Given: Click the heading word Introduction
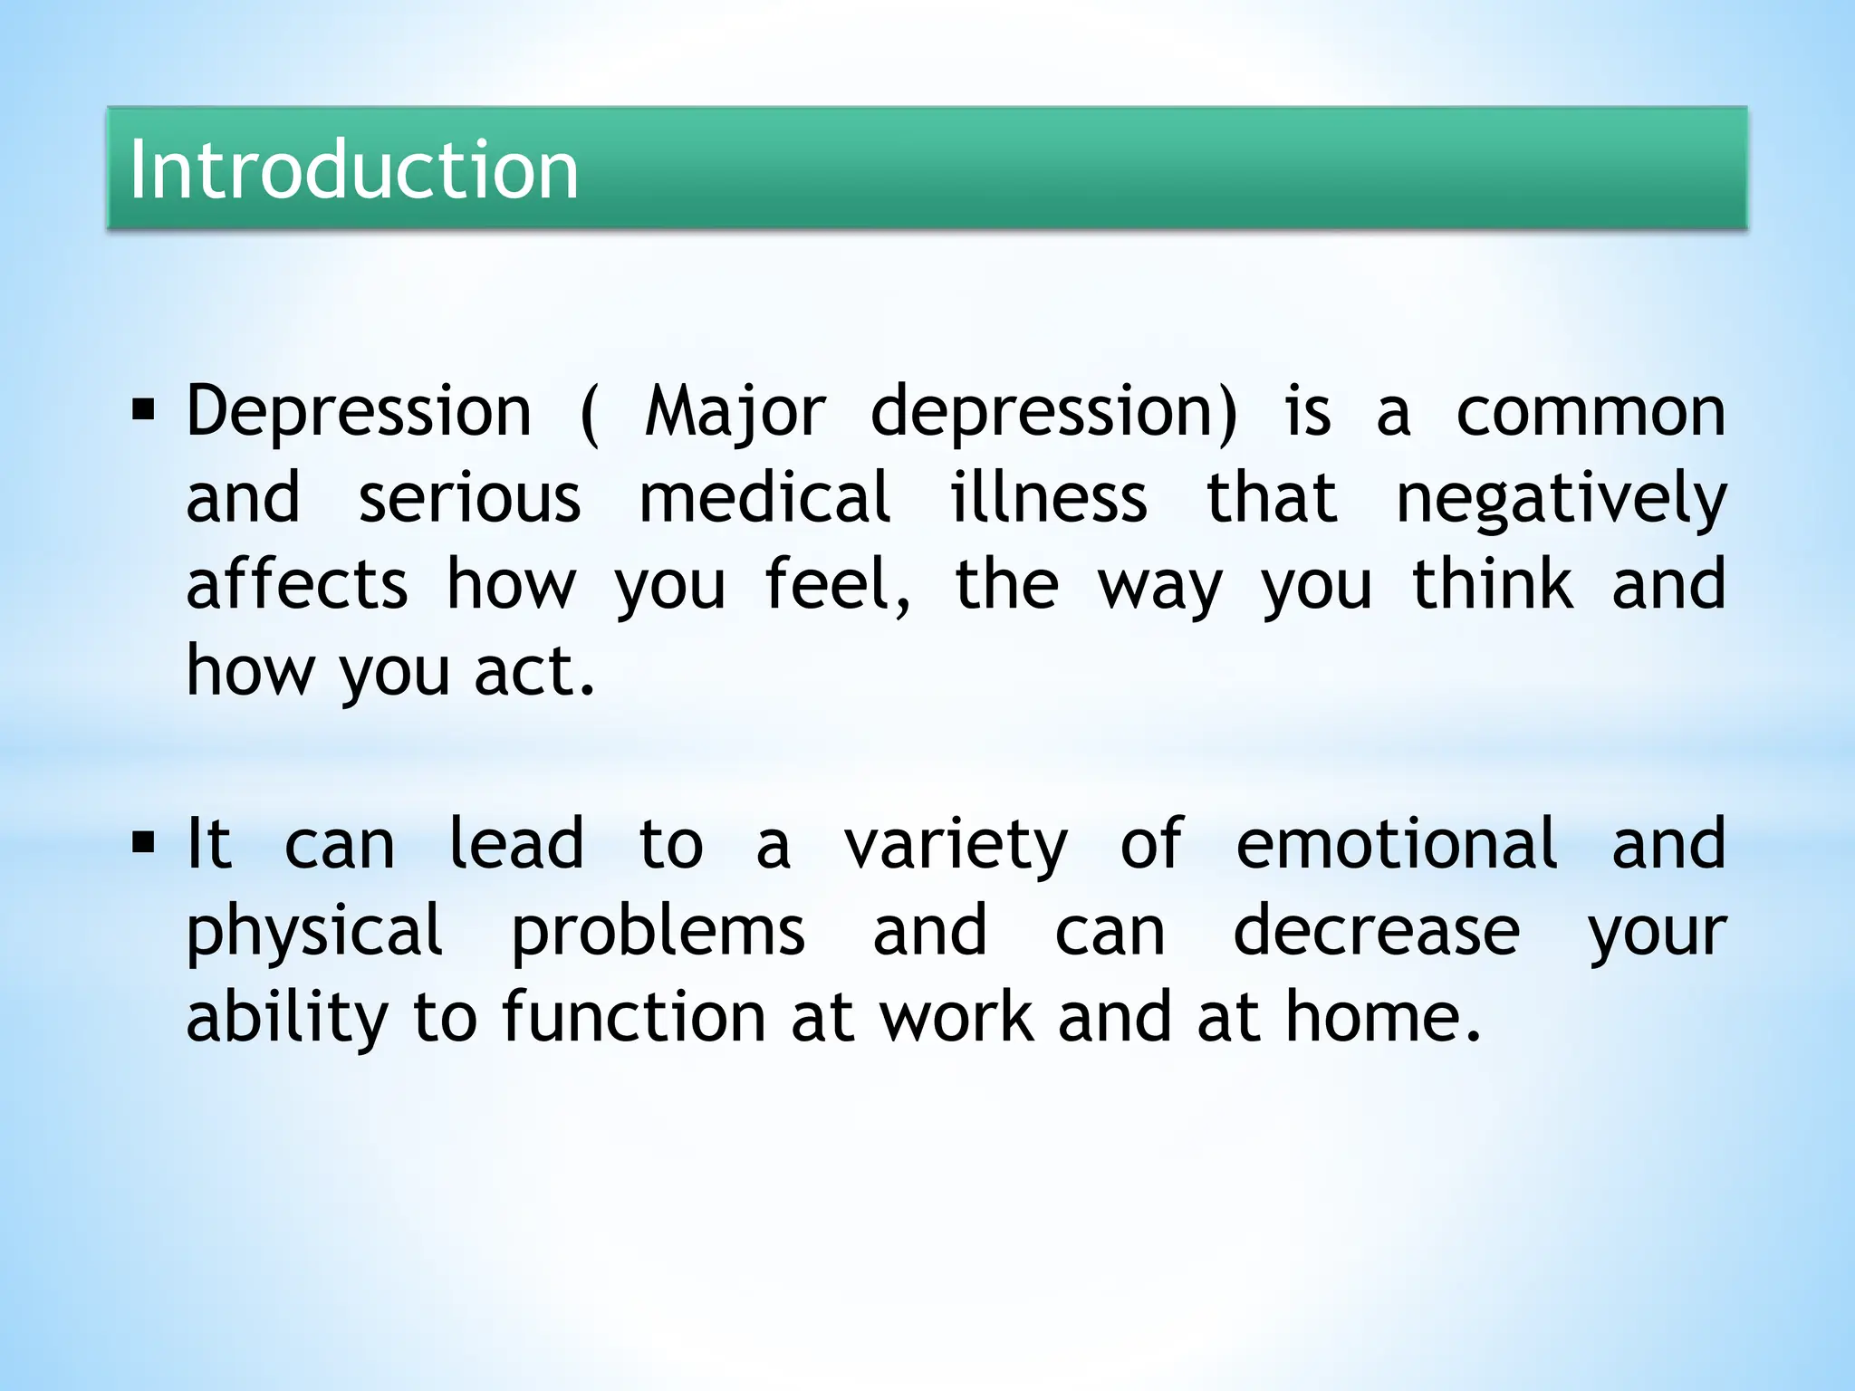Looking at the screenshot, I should (x=353, y=169).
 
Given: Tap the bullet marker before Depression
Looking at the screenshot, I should (x=143, y=412).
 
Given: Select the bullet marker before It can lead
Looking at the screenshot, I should (x=143, y=844).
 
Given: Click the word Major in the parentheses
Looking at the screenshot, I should (x=735, y=413).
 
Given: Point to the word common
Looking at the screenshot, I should (x=1591, y=413).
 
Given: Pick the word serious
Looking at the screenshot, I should (x=469, y=499).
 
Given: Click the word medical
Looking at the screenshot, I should (x=765, y=499).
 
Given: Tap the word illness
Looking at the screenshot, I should (x=1049, y=499).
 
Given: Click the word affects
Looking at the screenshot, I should (x=297, y=585).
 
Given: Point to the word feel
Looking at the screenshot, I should (x=835, y=585).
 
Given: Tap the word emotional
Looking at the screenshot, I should (x=1397, y=844).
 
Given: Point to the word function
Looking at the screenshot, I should (x=634, y=1018).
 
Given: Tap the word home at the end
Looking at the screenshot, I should (x=1380, y=1018).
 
